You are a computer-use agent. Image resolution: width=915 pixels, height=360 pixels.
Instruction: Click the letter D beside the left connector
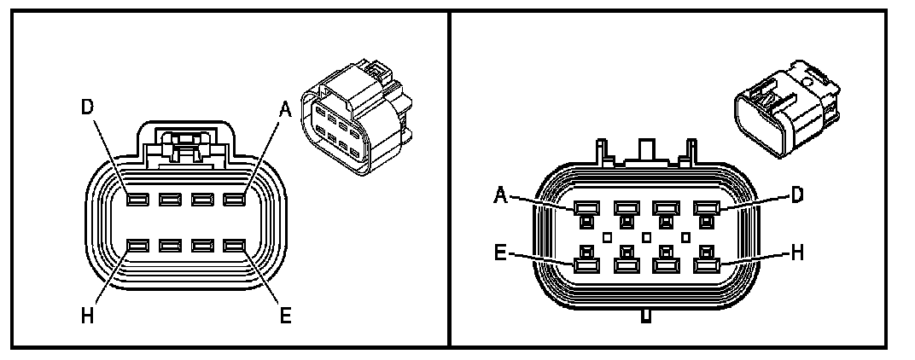tap(86, 108)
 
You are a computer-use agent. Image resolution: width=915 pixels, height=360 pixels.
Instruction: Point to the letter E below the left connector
tap(286, 316)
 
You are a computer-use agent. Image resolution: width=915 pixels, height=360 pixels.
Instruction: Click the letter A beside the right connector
tap(503, 195)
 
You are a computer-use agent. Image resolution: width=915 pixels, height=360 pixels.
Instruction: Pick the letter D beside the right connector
tap(796, 195)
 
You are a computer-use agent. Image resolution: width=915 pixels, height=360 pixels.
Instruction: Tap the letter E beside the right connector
tap(503, 253)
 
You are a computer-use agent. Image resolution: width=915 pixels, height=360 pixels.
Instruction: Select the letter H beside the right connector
tap(795, 254)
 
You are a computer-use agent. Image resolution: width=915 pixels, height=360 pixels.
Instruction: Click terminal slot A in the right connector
tap(586, 207)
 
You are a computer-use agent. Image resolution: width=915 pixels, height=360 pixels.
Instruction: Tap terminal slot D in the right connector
tap(706, 207)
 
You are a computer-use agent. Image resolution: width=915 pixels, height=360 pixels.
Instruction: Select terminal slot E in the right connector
tap(586, 265)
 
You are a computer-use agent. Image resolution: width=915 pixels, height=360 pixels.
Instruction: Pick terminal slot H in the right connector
tap(706, 265)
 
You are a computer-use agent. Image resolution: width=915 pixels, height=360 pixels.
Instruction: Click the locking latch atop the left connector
tap(185, 145)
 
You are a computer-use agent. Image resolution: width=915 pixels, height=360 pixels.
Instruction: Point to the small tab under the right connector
tap(646, 317)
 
